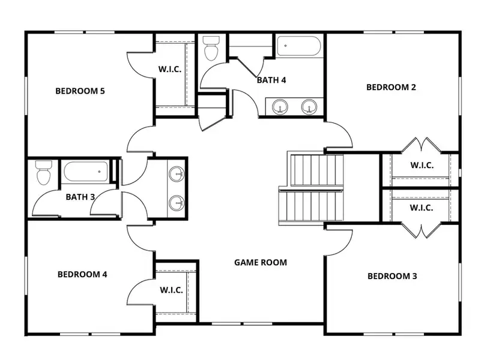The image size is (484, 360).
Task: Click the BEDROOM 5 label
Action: pyautogui.click(x=80, y=91)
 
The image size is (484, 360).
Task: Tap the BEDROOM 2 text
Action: pyautogui.click(x=391, y=87)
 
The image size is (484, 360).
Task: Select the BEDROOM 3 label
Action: pyautogui.click(x=392, y=276)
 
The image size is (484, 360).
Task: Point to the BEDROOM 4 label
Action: pyautogui.click(x=82, y=274)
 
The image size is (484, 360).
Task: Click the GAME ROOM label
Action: pyautogui.click(x=260, y=262)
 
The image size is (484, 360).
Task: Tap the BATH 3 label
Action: pyautogui.click(x=80, y=196)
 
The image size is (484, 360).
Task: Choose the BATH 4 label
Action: pyautogui.click(x=271, y=79)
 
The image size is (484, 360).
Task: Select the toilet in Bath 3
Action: pyautogui.click(x=43, y=173)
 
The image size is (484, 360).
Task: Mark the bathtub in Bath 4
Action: pyautogui.click(x=298, y=47)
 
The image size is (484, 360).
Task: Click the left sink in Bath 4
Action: pyautogui.click(x=279, y=107)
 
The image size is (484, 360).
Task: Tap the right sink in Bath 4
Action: pyautogui.click(x=309, y=107)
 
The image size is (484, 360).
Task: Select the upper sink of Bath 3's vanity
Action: pyautogui.click(x=177, y=175)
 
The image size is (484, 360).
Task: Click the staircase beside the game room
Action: pyautogui.click(x=310, y=187)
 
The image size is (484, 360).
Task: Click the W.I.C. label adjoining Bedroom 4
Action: pyautogui.click(x=172, y=290)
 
